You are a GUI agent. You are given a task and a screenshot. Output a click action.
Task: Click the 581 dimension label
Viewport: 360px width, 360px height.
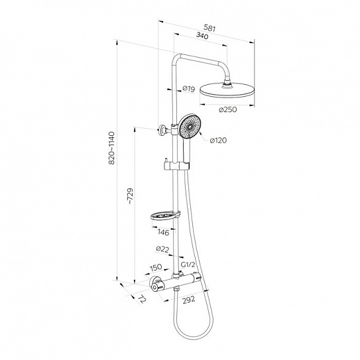pyautogui.click(x=210, y=28)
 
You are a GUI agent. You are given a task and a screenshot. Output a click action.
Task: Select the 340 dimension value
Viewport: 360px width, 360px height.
pyautogui.click(x=202, y=36)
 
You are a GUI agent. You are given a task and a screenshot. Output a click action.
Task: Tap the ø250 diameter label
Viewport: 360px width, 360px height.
pyautogui.click(x=228, y=110)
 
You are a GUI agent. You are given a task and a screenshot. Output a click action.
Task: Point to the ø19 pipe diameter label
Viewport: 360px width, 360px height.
pyautogui.click(x=189, y=89)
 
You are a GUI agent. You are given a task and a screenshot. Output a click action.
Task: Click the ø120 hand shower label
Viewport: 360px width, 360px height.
pyautogui.click(x=218, y=141)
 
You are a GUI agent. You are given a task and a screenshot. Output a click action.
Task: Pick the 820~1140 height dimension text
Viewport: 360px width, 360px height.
pyautogui.click(x=112, y=148)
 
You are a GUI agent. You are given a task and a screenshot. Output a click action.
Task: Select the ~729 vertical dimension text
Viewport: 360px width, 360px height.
pyautogui.click(x=130, y=196)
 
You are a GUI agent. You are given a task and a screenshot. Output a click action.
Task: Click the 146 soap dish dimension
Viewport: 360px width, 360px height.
pyautogui.click(x=163, y=232)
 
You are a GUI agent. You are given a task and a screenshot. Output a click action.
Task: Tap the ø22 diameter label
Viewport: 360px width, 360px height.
pyautogui.click(x=162, y=249)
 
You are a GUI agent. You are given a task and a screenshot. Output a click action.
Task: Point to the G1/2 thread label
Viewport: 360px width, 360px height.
pyautogui.click(x=188, y=265)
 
